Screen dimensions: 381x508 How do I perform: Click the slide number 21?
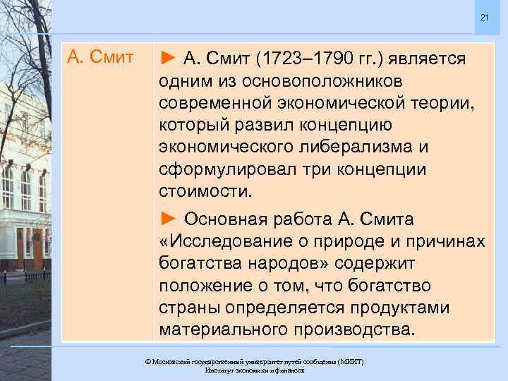484,17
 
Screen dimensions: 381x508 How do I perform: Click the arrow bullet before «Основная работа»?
169,217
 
